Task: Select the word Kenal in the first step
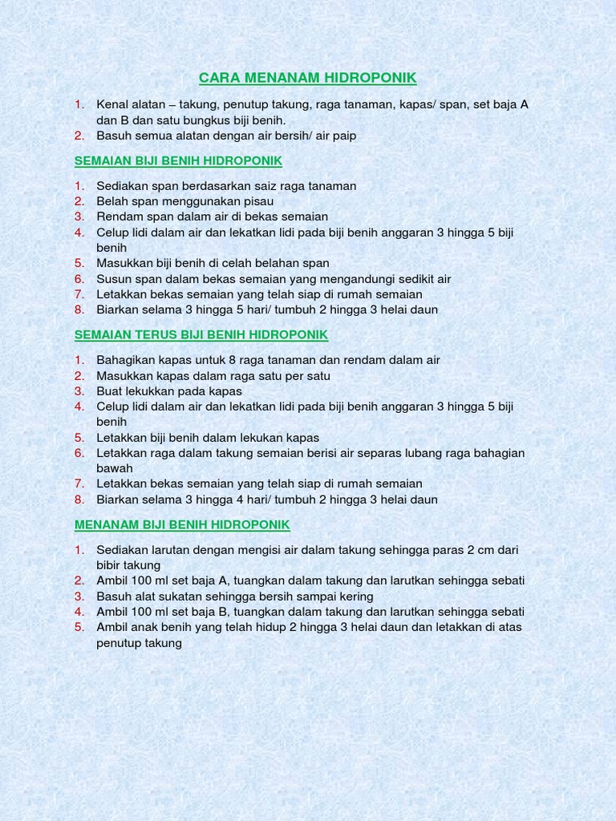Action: click(x=112, y=104)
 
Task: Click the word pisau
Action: click(x=257, y=201)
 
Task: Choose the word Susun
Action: click(x=113, y=279)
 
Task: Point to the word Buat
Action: click(x=110, y=391)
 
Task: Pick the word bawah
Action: click(x=115, y=468)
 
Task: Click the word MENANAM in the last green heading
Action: click(x=107, y=524)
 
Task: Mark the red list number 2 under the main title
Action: click(x=79, y=135)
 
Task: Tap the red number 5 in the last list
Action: click(x=79, y=627)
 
